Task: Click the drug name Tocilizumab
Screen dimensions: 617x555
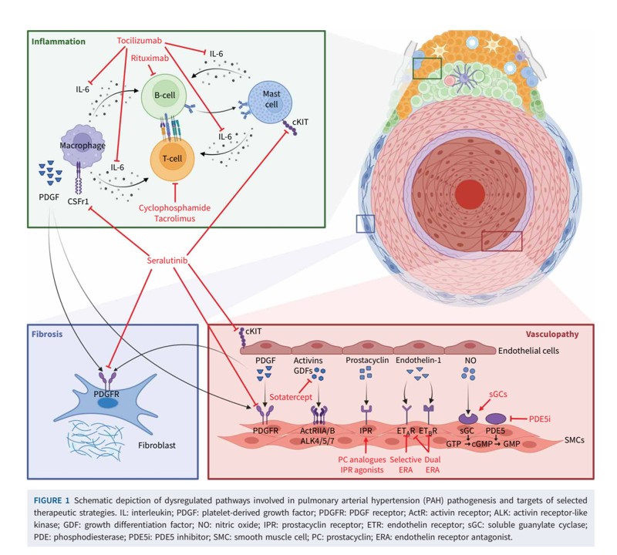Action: coord(140,41)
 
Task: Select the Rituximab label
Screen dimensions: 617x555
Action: coord(150,59)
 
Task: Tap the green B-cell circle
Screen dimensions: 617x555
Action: coord(164,96)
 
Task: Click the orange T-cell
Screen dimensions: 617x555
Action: coord(172,159)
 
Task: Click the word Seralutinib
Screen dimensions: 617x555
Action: coord(167,261)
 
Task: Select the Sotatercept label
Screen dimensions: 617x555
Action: coord(291,397)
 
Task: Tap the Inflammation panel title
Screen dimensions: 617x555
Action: coord(59,42)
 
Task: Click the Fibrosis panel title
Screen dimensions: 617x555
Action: coord(47,334)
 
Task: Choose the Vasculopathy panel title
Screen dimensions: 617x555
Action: coord(552,334)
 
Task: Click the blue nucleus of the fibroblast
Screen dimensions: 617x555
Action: coord(107,403)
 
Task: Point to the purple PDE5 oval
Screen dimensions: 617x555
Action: coord(496,419)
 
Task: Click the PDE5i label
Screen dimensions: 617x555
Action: coord(539,419)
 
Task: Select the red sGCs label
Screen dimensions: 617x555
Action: coord(497,394)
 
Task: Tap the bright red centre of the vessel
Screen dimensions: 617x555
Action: coord(470,194)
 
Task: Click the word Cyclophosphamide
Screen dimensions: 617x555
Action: coord(174,207)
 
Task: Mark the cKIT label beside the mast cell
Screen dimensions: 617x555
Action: coord(300,122)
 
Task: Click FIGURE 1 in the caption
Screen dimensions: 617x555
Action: coord(52,500)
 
